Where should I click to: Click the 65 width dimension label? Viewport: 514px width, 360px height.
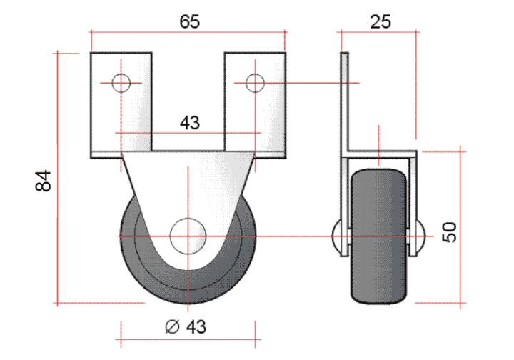(x=189, y=21)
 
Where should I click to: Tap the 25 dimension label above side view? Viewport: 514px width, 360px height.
(x=381, y=22)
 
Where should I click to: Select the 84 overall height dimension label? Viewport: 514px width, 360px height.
(x=43, y=181)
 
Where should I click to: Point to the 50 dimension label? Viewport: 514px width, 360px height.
(x=449, y=232)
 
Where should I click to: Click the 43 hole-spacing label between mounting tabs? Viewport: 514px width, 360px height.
(x=189, y=123)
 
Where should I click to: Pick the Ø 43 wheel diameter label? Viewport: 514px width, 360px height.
(x=186, y=326)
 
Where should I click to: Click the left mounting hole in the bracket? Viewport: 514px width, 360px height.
(x=121, y=83)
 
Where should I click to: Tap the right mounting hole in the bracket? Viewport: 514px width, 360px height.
(x=255, y=83)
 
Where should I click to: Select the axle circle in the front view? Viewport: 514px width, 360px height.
(x=188, y=236)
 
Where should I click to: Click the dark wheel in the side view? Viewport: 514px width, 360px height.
(x=378, y=236)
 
